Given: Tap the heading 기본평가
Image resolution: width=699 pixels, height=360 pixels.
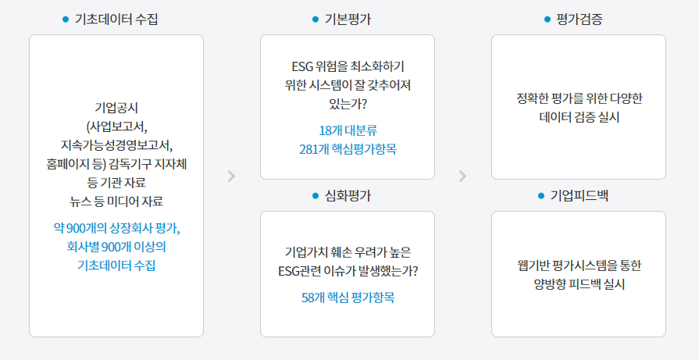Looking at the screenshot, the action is click(x=348, y=20).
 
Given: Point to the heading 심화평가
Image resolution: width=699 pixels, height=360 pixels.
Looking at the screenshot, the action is click(x=348, y=195).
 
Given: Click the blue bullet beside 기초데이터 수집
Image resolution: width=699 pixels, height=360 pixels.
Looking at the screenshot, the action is click(x=66, y=20).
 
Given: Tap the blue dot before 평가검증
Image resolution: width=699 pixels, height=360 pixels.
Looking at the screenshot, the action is click(x=547, y=20).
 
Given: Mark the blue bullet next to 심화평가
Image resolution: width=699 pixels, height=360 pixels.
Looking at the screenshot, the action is click(x=316, y=195).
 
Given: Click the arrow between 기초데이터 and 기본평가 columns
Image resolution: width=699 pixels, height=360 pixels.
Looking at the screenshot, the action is click(x=231, y=176).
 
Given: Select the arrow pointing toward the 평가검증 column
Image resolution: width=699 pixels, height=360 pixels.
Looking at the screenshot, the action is click(x=462, y=176).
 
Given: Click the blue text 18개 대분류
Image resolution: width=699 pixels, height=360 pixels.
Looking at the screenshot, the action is click(x=348, y=129).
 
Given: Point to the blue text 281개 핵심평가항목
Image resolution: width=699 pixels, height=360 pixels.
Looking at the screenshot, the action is click(x=348, y=148).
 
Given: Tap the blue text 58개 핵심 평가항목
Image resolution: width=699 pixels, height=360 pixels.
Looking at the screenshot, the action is click(x=348, y=298).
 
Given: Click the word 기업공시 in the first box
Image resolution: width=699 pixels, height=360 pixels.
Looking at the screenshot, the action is click(x=116, y=107).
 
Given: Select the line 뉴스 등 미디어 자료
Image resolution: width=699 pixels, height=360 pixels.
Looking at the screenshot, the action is click(x=116, y=201).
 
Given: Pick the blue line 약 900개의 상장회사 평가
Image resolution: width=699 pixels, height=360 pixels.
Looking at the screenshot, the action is click(x=116, y=228).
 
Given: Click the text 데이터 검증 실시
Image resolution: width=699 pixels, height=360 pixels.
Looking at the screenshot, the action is click(x=579, y=117).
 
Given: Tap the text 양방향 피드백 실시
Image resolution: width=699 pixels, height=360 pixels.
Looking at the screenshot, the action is click(x=579, y=284).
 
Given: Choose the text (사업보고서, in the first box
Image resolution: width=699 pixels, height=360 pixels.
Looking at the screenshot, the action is click(x=116, y=126).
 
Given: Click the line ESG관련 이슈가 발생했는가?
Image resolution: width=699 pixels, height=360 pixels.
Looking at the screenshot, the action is click(x=348, y=272).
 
